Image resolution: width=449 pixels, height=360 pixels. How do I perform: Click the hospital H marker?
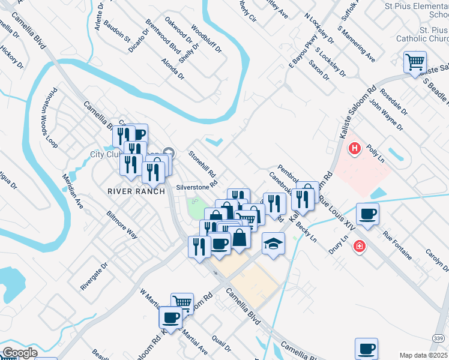pos(355,148)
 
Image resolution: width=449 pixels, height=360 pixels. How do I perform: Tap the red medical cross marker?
pos(360,246)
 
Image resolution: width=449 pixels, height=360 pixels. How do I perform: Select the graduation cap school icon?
pos(273,244)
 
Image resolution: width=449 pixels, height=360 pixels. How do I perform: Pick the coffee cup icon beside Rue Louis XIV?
pos(367,214)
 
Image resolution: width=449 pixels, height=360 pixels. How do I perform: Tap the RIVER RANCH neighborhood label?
pos(136,191)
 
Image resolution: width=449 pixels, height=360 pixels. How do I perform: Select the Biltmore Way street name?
pos(122,224)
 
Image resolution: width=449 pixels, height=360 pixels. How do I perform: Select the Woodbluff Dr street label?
pos(206,40)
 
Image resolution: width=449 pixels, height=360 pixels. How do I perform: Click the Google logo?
pos(19,353)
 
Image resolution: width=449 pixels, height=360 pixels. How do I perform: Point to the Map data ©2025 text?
pos(423,355)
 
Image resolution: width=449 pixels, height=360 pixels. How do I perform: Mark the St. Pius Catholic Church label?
pos(422,34)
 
